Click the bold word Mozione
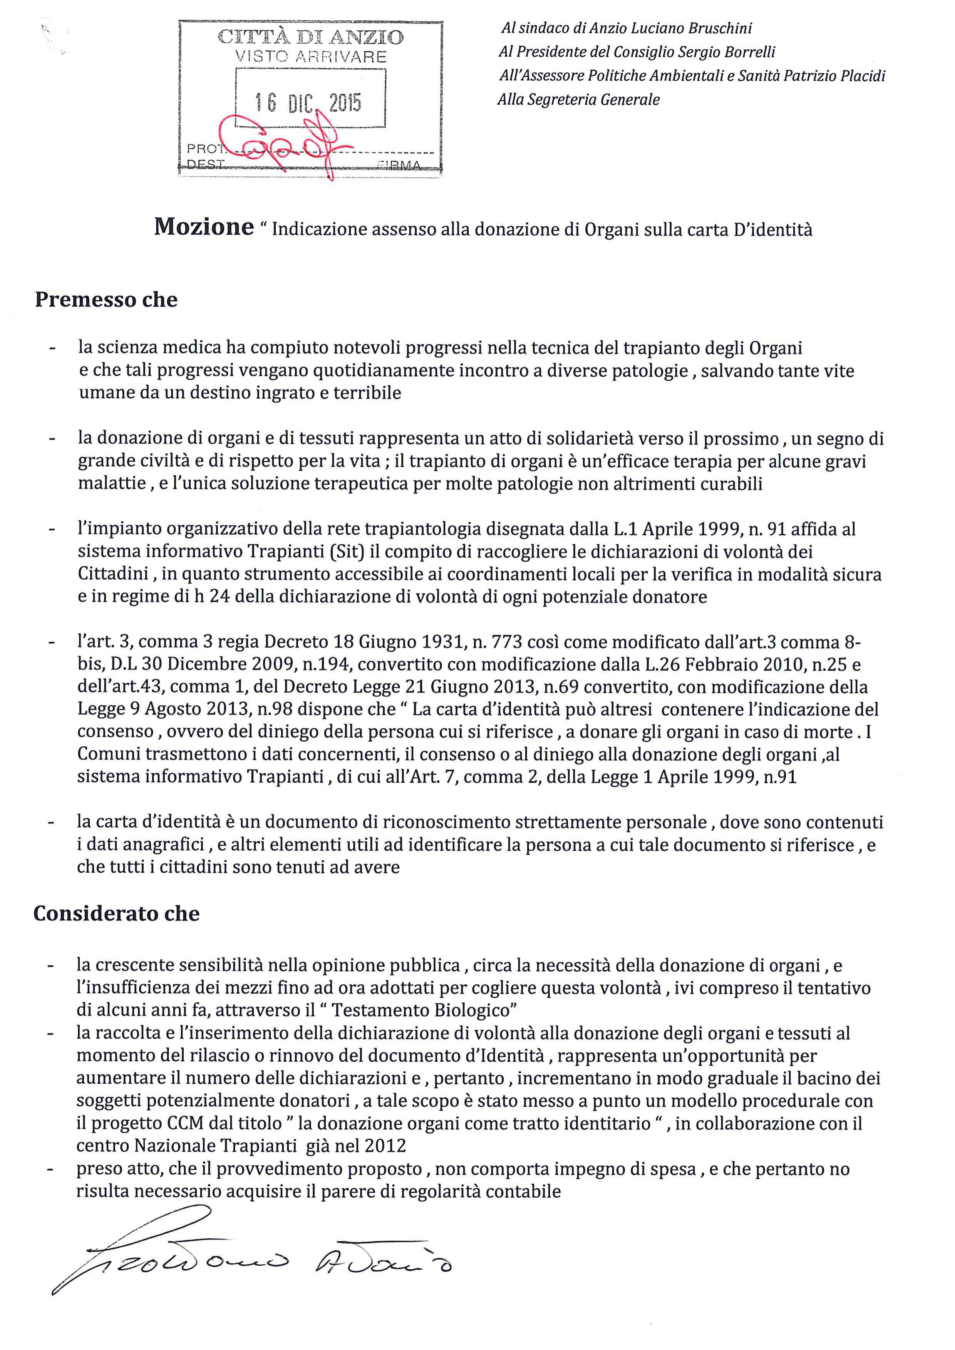tap(203, 227)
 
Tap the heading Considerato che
tap(116, 913)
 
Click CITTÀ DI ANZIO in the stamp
tap(310, 38)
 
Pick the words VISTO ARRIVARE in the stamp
tap(310, 57)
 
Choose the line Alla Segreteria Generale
tap(579, 100)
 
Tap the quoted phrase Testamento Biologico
tap(424, 1011)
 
